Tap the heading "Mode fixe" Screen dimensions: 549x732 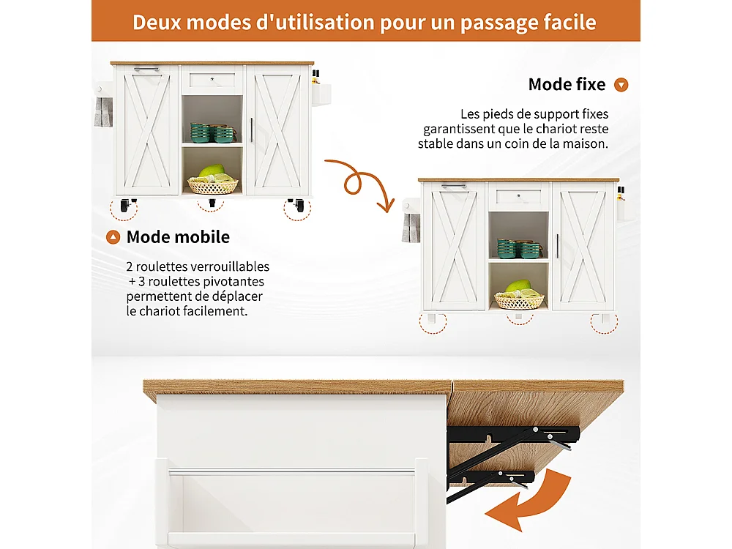click(x=567, y=84)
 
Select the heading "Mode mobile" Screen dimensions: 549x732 click(x=178, y=237)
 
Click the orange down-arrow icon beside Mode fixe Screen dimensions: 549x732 click(x=621, y=85)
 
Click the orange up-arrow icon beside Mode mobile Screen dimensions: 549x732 click(x=113, y=237)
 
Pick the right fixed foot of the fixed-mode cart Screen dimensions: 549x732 click(x=603, y=320)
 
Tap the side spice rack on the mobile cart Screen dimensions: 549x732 click(x=321, y=91)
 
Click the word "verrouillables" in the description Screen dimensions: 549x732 click(x=232, y=267)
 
